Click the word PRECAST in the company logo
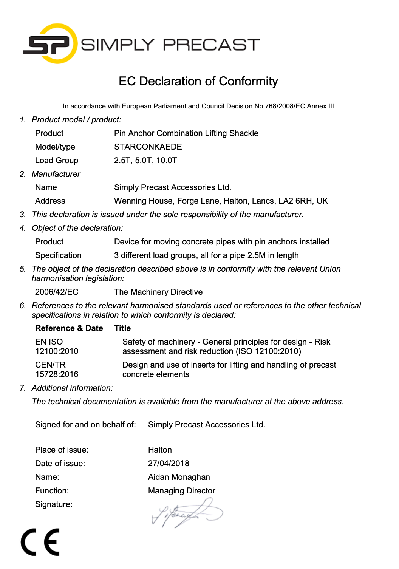pyautogui.click(x=211, y=45)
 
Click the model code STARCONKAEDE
pyautogui.click(x=148, y=147)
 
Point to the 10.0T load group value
pyautogui.click(x=167, y=161)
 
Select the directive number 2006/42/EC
pyautogui.click(x=57, y=292)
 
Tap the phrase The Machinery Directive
pyautogui.click(x=158, y=292)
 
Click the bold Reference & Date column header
pyautogui.click(x=69, y=328)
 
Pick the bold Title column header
pyautogui.click(x=122, y=328)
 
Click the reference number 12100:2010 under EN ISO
pyautogui.click(x=57, y=351)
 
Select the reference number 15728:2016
pyautogui.click(x=57, y=374)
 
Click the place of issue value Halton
pyautogui.click(x=160, y=450)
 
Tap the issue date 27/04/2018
pyautogui.click(x=169, y=464)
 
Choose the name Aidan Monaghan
pyautogui.click(x=179, y=477)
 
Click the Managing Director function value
pyautogui.click(x=181, y=491)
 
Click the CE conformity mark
pyautogui.click(x=40, y=542)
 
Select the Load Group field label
pyautogui.click(x=57, y=161)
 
